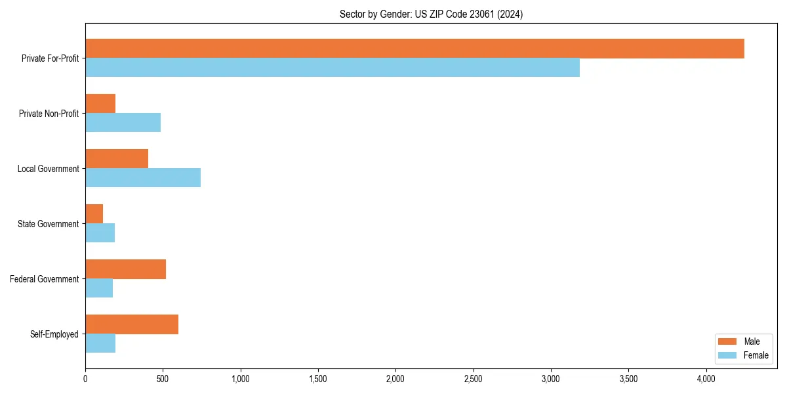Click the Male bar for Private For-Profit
pyautogui.click(x=414, y=49)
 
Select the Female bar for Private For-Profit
pyautogui.click(x=333, y=68)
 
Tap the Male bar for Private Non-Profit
pyautogui.click(x=100, y=104)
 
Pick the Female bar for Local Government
pyautogui.click(x=143, y=178)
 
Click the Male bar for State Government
pyautogui.click(x=94, y=214)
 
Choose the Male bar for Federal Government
pyautogui.click(x=125, y=269)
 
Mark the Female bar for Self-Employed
pyautogui.click(x=100, y=343)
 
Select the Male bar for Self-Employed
pyautogui.click(x=132, y=324)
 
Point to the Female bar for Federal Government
pyautogui.click(x=99, y=288)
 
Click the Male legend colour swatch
pyautogui.click(x=728, y=341)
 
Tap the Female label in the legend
pyautogui.click(x=756, y=356)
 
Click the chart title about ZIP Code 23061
pyautogui.click(x=431, y=14)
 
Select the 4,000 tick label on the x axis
pyautogui.click(x=706, y=379)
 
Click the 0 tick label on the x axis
pyautogui.click(x=85, y=379)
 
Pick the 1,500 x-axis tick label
pyautogui.click(x=317, y=379)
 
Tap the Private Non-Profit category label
pyautogui.click(x=49, y=114)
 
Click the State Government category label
pyautogui.click(x=48, y=224)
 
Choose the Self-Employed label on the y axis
pyautogui.click(x=54, y=334)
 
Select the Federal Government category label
pyautogui.click(x=45, y=279)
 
